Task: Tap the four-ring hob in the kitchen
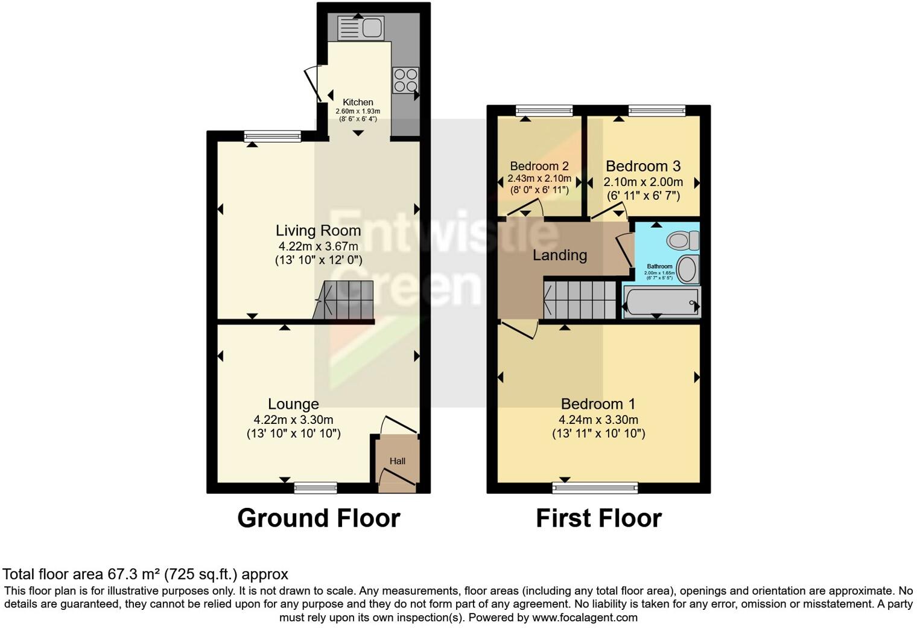405,80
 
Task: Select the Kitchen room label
358,103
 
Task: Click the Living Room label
318,230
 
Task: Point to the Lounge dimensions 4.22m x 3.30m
293,420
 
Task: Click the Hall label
397,461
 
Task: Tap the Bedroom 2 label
539,166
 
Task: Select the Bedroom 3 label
643,166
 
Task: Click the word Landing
559,255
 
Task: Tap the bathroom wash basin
687,269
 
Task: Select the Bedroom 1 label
598,404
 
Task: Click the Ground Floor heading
319,518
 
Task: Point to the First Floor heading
598,518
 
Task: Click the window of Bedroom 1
595,487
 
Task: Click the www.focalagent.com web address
585,618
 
